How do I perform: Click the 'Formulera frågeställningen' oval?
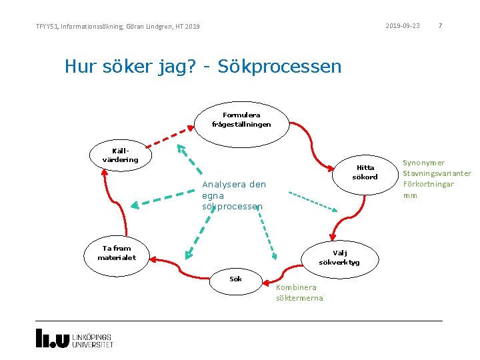tap(241, 120)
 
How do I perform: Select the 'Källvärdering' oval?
tap(121, 155)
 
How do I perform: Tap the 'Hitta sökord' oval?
tap(365, 173)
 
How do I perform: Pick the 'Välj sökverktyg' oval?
tap(339, 257)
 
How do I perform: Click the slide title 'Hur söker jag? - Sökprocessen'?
tap(203, 67)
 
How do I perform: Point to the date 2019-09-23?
tap(403, 26)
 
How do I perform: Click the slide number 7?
tap(440, 26)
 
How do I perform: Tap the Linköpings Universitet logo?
tap(74, 339)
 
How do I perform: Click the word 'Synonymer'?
tap(424, 163)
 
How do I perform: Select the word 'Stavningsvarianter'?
tap(437, 173)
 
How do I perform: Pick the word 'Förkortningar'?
tap(428, 184)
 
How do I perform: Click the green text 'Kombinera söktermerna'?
tap(299, 293)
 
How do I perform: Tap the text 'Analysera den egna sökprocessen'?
tap(234, 195)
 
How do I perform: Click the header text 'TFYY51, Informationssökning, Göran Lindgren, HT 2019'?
tap(117, 27)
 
